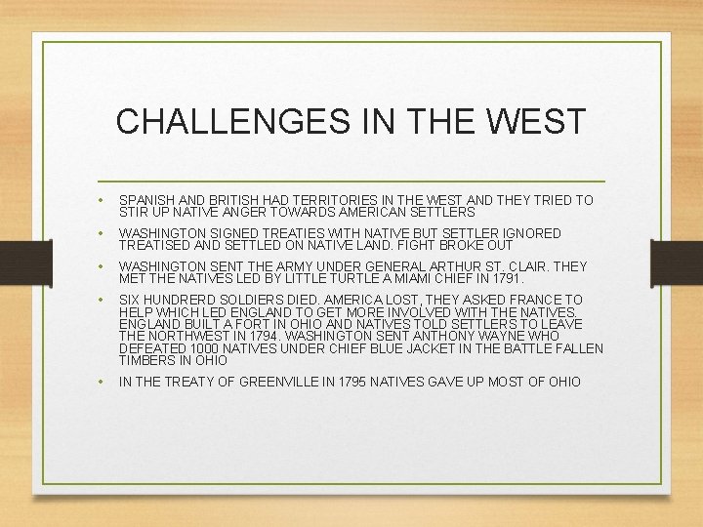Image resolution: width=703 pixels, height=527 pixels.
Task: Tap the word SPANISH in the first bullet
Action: pos(147,200)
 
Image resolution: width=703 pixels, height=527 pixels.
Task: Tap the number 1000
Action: pos(211,348)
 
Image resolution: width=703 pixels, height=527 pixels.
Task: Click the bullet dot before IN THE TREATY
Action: pos(103,382)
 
